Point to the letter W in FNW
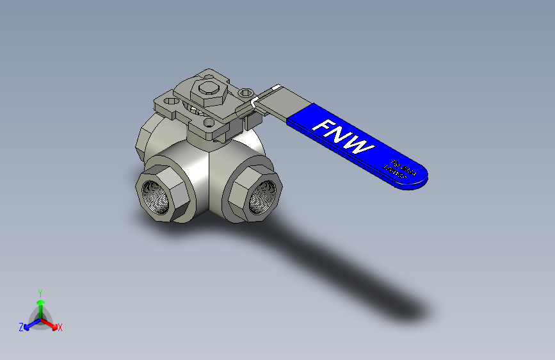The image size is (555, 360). click(x=362, y=147)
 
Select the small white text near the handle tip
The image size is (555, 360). click(x=400, y=169)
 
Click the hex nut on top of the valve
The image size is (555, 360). click(x=209, y=93)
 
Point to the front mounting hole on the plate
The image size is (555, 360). click(x=208, y=122)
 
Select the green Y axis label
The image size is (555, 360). click(x=40, y=292)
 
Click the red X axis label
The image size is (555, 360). click(x=60, y=328)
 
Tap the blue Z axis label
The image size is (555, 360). click(x=21, y=327)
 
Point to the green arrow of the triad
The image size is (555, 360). click(x=40, y=304)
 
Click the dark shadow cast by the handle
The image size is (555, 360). click(x=358, y=282)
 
